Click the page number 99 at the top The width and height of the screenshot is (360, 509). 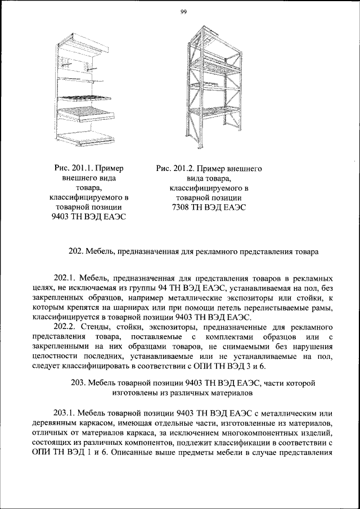coord(183,13)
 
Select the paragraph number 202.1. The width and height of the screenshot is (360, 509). coord(64,278)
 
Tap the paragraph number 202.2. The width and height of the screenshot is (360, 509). coord(64,326)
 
